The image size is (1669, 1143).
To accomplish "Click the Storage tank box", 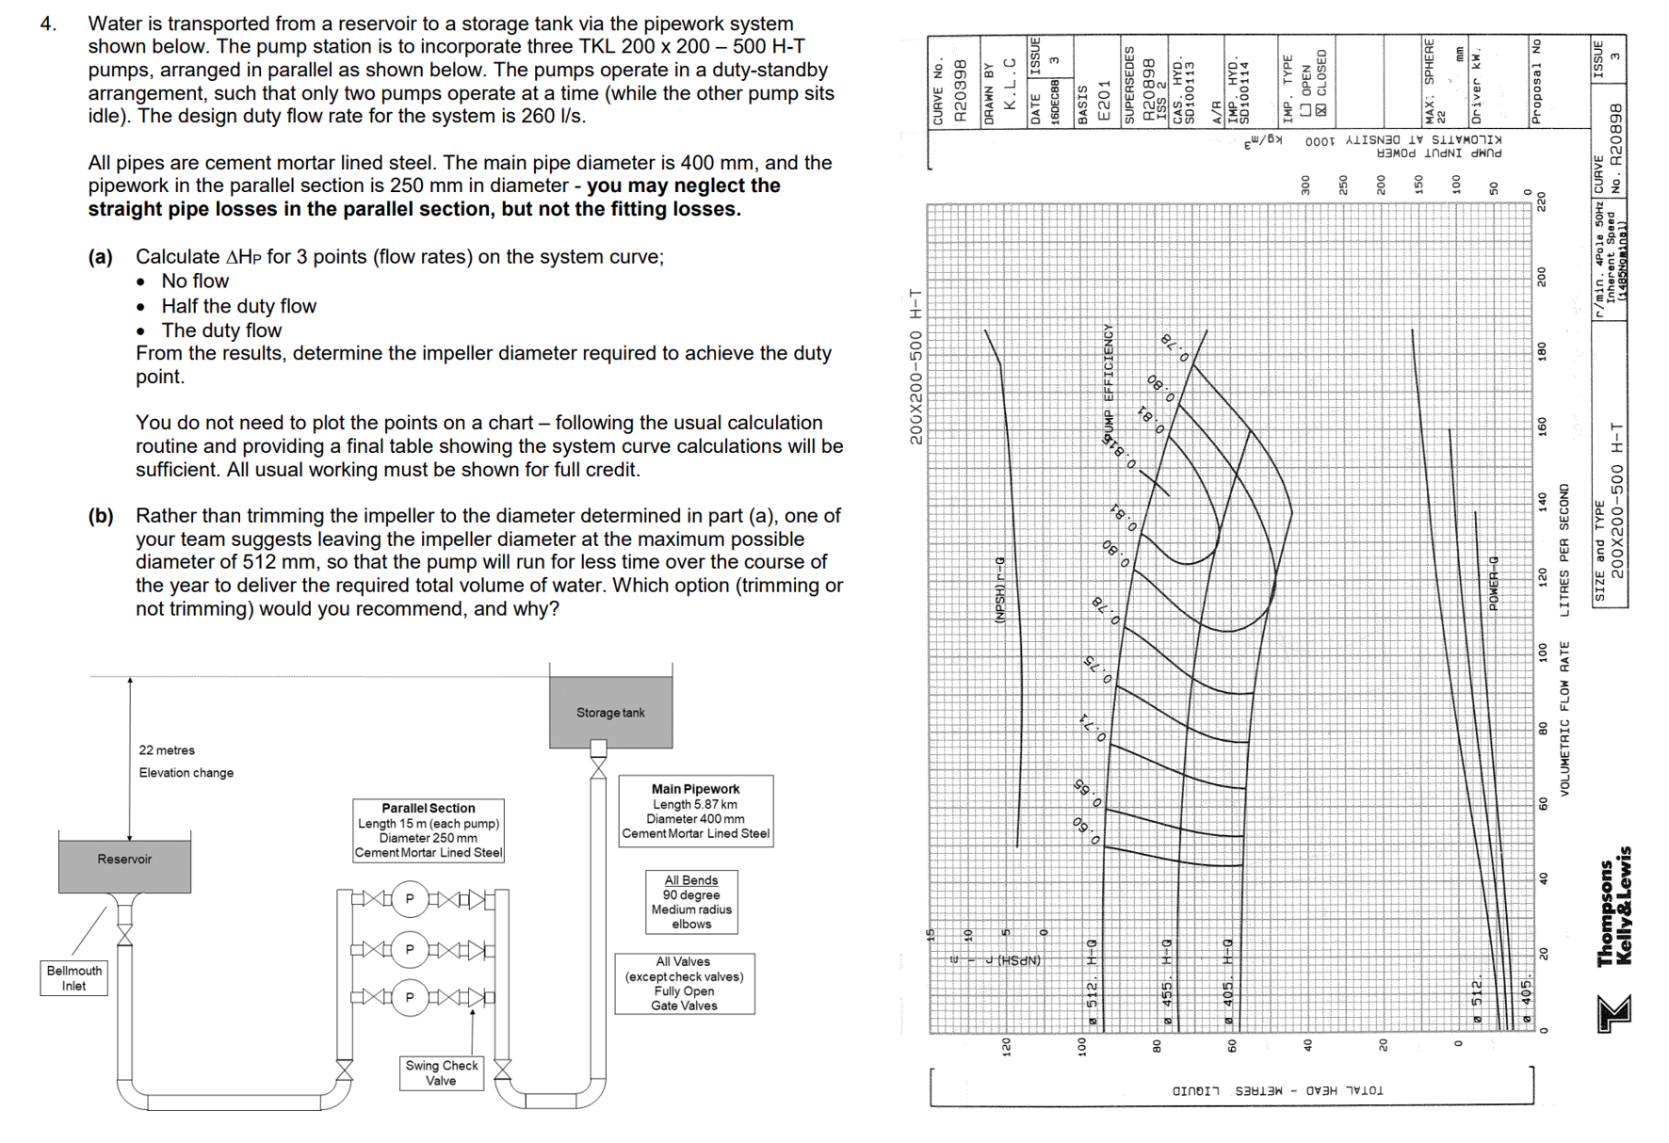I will tap(610, 712).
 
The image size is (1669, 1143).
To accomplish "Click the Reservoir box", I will tap(124, 861).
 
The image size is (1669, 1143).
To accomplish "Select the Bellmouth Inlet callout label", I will tap(73, 978).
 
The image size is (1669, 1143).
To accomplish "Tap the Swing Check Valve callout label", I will tap(441, 1072).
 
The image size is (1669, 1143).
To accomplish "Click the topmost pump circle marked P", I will tap(410, 899).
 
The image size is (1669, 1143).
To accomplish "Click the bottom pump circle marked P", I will tap(410, 997).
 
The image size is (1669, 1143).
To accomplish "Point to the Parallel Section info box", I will tap(429, 830).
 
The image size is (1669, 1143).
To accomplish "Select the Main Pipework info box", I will tap(695, 811).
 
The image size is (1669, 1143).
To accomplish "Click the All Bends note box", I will tap(691, 902).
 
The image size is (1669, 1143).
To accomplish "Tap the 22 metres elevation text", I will tap(167, 750).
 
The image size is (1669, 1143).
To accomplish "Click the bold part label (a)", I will tap(101, 257).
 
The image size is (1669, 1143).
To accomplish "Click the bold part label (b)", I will tap(101, 516).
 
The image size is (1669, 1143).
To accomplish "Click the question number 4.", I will tap(49, 24).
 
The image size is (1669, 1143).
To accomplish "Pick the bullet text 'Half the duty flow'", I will tap(238, 306).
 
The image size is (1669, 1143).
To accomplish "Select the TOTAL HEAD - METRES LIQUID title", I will tap(1277, 1091).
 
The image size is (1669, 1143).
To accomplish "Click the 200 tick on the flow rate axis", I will tap(1542, 277).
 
